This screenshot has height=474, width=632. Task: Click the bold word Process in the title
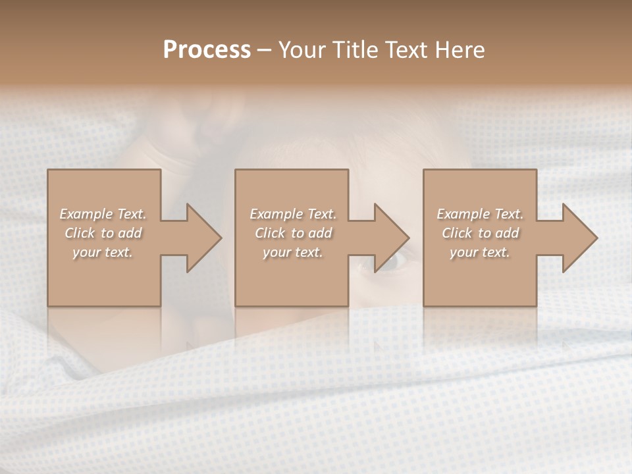click(x=207, y=50)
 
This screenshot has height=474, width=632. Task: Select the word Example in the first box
click(x=86, y=214)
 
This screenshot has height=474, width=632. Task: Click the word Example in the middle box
click(x=275, y=214)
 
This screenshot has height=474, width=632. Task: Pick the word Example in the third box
click(x=462, y=214)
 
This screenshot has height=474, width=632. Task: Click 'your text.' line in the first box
click(x=103, y=252)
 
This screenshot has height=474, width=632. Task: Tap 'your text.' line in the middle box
click(x=292, y=252)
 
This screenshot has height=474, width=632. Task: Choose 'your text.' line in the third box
click(x=479, y=252)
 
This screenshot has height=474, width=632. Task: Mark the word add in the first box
click(x=130, y=233)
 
